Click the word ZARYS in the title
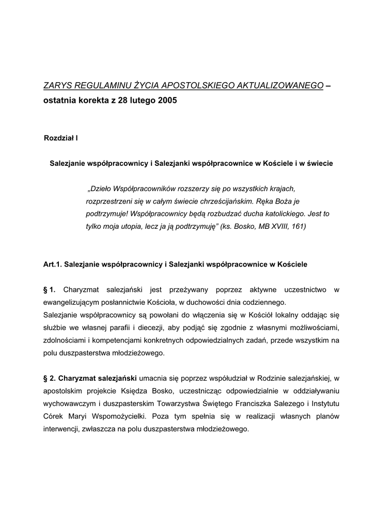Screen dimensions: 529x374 [x=58, y=85]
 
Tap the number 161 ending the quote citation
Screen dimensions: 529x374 [x=299, y=226]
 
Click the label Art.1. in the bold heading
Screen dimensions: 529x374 [x=53, y=264]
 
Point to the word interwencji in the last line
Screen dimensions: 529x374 [x=63, y=429]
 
